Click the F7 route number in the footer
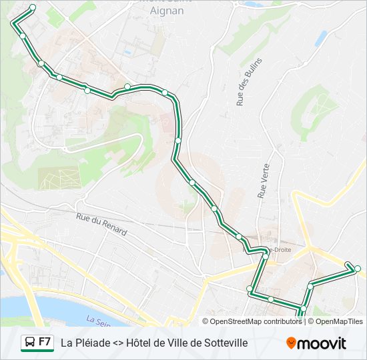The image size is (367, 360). [45, 342]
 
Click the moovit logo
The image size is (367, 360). [316, 343]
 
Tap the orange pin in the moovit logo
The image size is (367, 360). [291, 343]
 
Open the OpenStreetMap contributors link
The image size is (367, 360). [256, 321]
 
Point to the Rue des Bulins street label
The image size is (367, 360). [248, 81]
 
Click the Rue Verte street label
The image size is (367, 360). [262, 181]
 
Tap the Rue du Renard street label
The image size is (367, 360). [101, 224]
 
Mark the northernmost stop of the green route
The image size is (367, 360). [33, 7]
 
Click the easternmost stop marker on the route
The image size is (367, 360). [358, 269]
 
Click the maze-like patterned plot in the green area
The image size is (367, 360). [59, 177]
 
